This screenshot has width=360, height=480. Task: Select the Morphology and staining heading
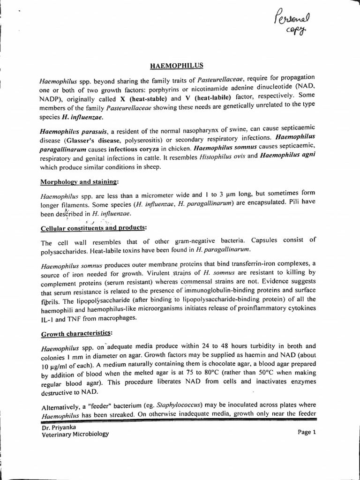(x=80, y=181)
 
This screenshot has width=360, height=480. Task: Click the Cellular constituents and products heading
(x=94, y=228)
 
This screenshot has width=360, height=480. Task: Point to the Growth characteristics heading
(x=77, y=334)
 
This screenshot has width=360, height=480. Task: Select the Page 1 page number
(x=307, y=432)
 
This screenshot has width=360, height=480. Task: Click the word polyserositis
(x=147, y=138)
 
